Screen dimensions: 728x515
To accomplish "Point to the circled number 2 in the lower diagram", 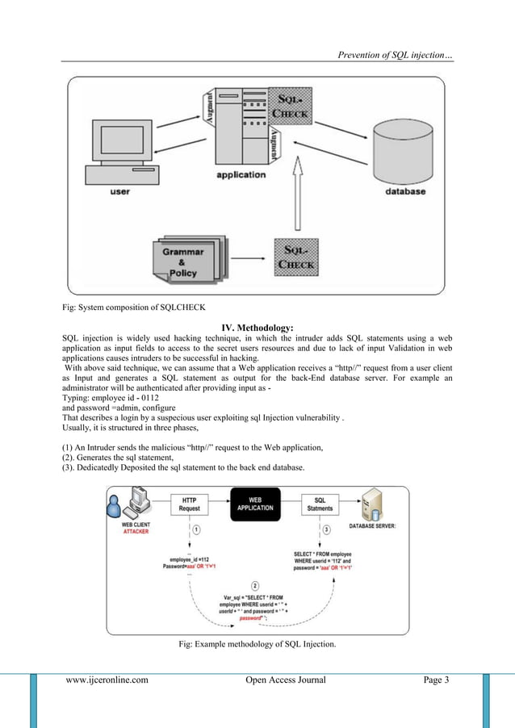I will (x=255, y=584).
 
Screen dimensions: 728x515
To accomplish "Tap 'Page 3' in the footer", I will (x=436, y=680).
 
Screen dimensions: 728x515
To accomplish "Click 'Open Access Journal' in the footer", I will (x=286, y=680).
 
